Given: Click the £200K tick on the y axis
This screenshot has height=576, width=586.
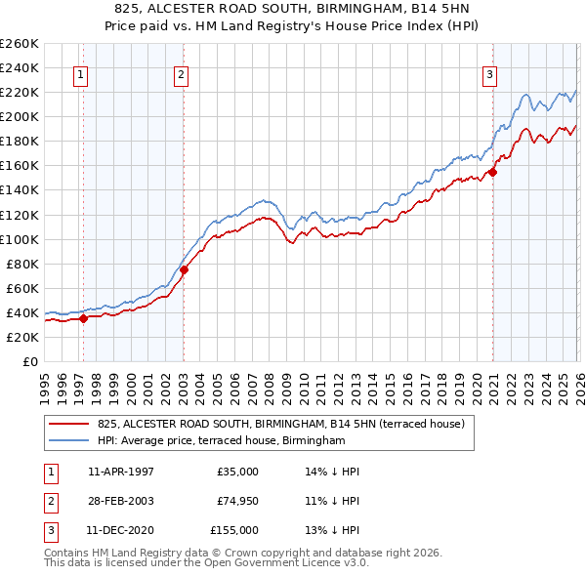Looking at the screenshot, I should click(x=20, y=116).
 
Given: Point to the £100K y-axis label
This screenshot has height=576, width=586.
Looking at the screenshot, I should click(x=20, y=239).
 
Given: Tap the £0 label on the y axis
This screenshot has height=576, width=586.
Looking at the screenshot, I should click(x=29, y=361).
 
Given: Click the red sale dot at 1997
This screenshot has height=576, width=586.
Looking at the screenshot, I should click(x=83, y=317).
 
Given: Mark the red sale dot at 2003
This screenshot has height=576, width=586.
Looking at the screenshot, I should click(x=184, y=269).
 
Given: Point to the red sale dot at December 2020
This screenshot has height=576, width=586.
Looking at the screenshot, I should click(x=492, y=172).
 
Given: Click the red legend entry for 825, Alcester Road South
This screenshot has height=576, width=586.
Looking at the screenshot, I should click(x=286, y=424).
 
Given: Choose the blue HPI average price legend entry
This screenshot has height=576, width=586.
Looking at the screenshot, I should click(x=222, y=441).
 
